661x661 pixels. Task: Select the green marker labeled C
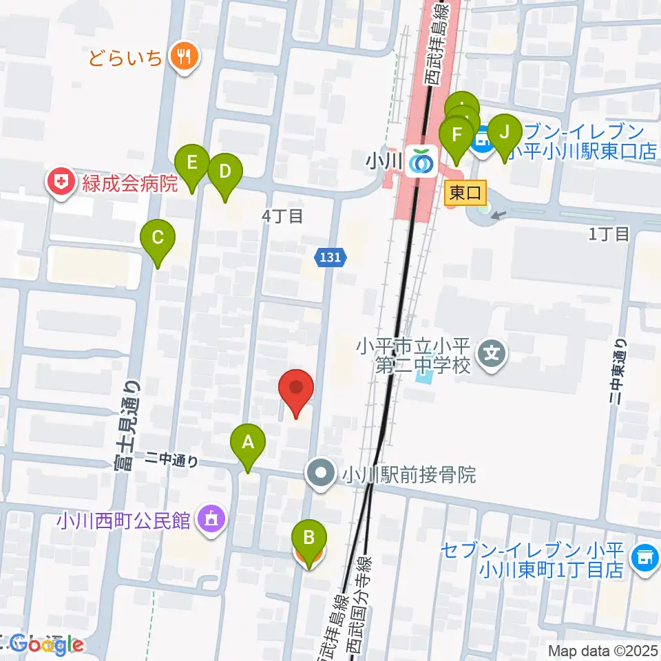coord(158,238)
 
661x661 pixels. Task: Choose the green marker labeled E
coord(192,163)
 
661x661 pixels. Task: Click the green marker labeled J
coord(504,131)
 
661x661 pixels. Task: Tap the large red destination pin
coord(296,388)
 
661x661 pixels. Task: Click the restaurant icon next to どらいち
coord(183,56)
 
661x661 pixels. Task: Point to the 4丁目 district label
coord(282,216)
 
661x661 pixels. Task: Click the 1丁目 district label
coord(609,234)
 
